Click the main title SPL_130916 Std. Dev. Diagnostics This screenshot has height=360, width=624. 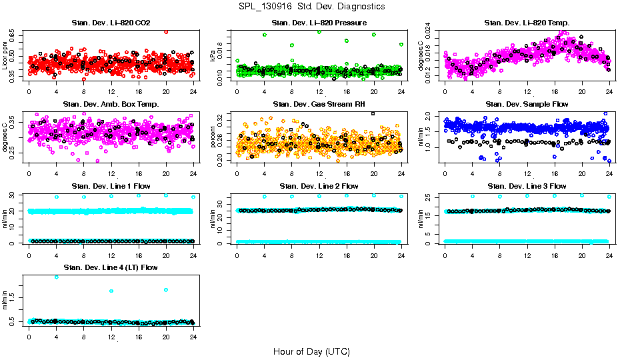(x=311, y=6)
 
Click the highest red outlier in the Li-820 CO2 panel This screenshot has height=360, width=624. (x=166, y=31)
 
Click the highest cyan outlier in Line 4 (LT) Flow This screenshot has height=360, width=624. (x=57, y=277)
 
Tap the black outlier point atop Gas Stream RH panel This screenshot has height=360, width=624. (x=373, y=113)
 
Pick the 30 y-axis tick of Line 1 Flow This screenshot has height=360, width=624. (x=16, y=195)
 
